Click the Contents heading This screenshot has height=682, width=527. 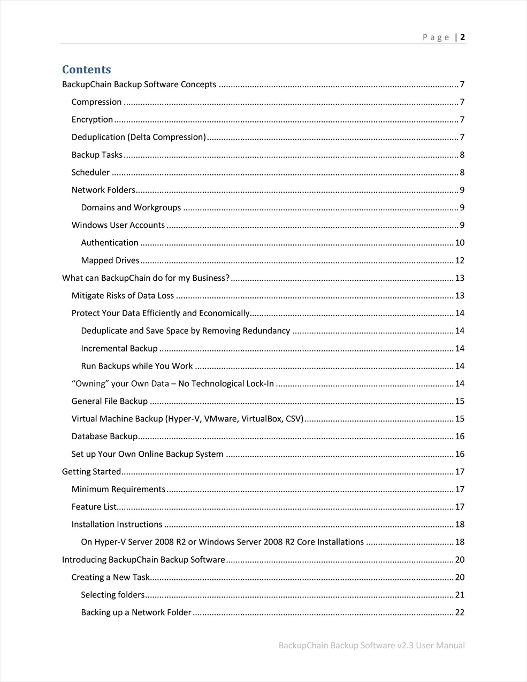coord(87,70)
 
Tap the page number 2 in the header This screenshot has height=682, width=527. coord(462,37)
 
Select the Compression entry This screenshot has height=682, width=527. coord(97,102)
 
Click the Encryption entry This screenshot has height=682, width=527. coord(93,120)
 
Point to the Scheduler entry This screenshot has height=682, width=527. coord(91,172)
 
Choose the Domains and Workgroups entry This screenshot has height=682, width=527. coord(131,208)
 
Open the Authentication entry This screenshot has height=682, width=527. coord(110,243)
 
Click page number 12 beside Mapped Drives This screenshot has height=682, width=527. coord(460,260)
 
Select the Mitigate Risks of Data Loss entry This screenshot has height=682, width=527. coord(123,296)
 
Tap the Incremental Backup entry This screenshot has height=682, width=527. coord(119,349)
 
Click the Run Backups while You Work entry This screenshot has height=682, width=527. coord(137,366)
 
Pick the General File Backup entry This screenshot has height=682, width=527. coord(110,401)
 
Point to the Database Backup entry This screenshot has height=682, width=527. coord(105,436)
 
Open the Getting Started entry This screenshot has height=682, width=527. coord(91,472)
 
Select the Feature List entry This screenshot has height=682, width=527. coord(94,507)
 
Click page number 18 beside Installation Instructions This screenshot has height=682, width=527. coord(460,525)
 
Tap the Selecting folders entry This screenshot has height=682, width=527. coord(113,595)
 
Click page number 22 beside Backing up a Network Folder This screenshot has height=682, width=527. coord(460,612)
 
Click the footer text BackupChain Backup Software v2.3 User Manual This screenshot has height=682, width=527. coord(372,646)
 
